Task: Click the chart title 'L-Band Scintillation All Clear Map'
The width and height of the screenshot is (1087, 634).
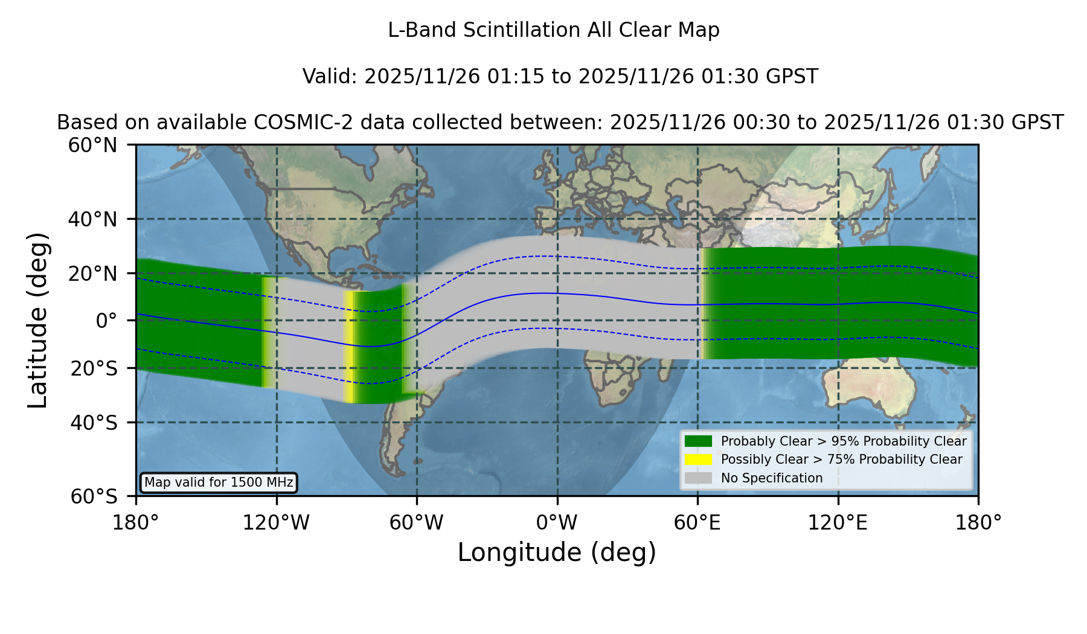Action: pyautogui.click(x=554, y=30)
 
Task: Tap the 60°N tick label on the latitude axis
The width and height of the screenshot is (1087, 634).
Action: pyautogui.click(x=93, y=145)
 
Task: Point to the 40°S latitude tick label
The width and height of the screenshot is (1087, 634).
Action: pyautogui.click(x=94, y=423)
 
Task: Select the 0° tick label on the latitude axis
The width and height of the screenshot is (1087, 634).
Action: pyautogui.click(x=106, y=320)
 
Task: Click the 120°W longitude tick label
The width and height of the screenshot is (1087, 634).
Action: pyautogui.click(x=277, y=522)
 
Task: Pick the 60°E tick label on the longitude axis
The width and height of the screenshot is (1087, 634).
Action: pyautogui.click(x=697, y=522)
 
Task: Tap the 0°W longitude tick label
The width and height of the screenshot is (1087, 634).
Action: pyautogui.click(x=557, y=522)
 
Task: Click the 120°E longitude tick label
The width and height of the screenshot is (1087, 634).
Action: pyautogui.click(x=838, y=522)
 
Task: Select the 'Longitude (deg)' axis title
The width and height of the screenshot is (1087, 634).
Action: pyautogui.click(x=557, y=552)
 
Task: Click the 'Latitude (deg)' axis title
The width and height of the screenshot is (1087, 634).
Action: pyautogui.click(x=37, y=320)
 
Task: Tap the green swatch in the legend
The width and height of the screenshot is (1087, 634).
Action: pyautogui.click(x=699, y=441)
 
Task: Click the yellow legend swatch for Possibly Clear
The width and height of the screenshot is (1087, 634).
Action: pyautogui.click(x=699, y=459)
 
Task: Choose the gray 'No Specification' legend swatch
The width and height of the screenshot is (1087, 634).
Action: pyautogui.click(x=699, y=478)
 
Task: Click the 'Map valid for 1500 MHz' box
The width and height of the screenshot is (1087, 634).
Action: pyautogui.click(x=219, y=482)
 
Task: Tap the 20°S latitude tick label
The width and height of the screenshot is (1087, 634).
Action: pyautogui.click(x=94, y=368)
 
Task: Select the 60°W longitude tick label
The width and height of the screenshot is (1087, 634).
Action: pyautogui.click(x=417, y=522)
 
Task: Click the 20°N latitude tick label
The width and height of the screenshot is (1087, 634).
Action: pyautogui.click(x=93, y=274)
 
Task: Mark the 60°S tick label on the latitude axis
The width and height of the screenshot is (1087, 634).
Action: pyautogui.click(x=94, y=496)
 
